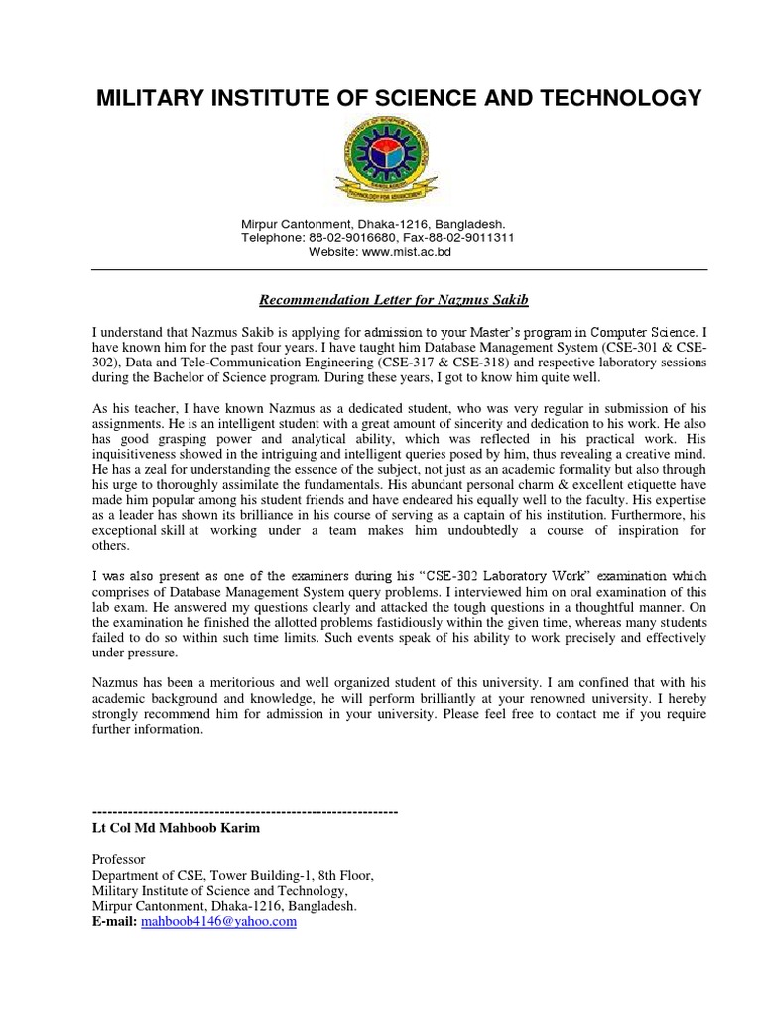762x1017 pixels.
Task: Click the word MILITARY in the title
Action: coord(145,97)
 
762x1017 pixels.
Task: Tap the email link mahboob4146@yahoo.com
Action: coord(219,921)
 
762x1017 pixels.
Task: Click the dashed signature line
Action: coord(244,811)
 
